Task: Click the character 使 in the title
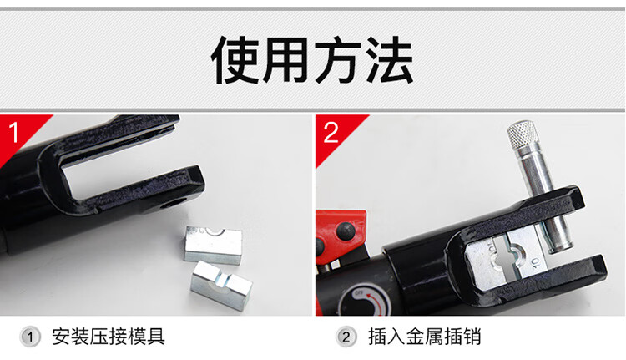coord(235,60)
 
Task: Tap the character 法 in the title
coord(390,60)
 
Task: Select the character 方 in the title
coord(339,60)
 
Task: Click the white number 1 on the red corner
coord(14,132)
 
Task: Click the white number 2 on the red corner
coord(331,132)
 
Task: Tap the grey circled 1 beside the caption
coord(30,337)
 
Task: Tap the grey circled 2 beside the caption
coord(346,337)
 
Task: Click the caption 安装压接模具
coord(109,337)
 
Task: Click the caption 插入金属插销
coord(424,337)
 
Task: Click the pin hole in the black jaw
coord(172,205)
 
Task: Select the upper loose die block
coord(213,245)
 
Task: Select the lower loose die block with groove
coord(221,285)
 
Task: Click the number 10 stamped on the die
coord(535,263)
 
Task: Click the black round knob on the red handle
coord(346,231)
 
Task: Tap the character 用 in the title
coord(287,60)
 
